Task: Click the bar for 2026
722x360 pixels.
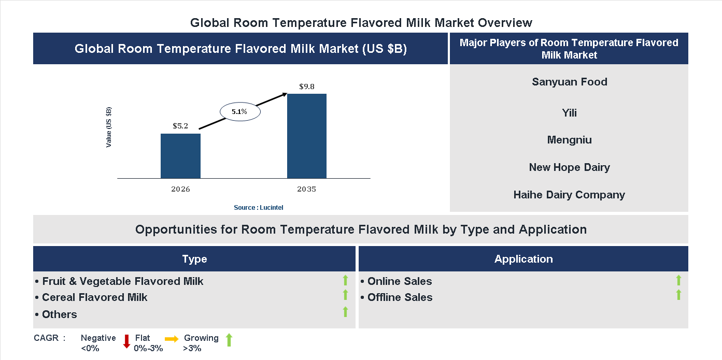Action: click(x=180, y=156)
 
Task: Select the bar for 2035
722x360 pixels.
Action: click(x=307, y=136)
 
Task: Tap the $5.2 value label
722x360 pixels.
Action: click(x=180, y=126)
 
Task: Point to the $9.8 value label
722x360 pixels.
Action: click(x=307, y=87)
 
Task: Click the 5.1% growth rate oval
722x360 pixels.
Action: click(x=239, y=111)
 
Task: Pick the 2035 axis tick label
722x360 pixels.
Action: click(x=307, y=189)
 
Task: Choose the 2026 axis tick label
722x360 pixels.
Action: click(x=180, y=189)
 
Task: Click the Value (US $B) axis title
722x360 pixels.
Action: click(x=109, y=127)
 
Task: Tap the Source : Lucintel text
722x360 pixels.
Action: click(x=259, y=207)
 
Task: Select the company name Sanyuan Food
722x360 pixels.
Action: click(x=569, y=82)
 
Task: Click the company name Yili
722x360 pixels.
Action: click(x=569, y=113)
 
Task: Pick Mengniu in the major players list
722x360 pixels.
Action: click(x=569, y=140)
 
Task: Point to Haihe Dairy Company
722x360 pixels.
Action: click(x=569, y=195)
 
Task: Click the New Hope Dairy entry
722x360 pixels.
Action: click(x=569, y=167)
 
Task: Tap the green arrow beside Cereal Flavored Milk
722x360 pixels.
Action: click(x=345, y=295)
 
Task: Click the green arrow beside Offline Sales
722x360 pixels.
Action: click(x=678, y=295)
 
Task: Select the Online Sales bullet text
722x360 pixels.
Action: click(x=399, y=281)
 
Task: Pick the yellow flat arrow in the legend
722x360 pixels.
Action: click(x=172, y=338)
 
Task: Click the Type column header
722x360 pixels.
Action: click(x=194, y=259)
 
